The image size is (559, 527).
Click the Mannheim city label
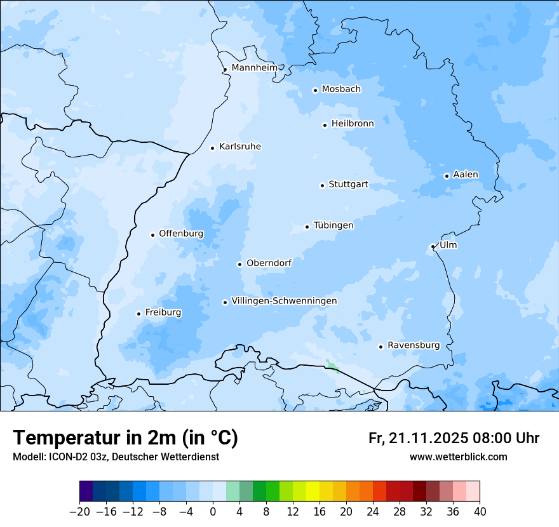(x=254, y=68)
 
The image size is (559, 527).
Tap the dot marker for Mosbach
(x=315, y=90)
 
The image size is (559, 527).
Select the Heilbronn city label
(x=353, y=124)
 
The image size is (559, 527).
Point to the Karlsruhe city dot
(x=213, y=148)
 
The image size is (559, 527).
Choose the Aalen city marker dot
(x=447, y=176)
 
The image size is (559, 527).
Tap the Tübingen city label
(x=333, y=225)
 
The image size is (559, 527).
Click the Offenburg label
(x=181, y=234)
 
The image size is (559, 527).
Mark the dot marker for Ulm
(x=433, y=246)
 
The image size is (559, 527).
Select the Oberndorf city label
(x=269, y=263)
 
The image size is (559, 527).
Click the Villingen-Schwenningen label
(x=284, y=301)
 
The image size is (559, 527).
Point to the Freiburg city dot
(x=138, y=314)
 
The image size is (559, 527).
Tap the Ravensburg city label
(x=414, y=345)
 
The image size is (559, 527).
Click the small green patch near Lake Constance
(x=332, y=366)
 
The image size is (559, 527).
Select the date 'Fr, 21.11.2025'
(x=418, y=438)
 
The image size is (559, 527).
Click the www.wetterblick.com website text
(x=458, y=457)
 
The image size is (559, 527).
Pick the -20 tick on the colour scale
(x=79, y=512)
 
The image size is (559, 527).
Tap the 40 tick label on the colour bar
(x=480, y=512)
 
